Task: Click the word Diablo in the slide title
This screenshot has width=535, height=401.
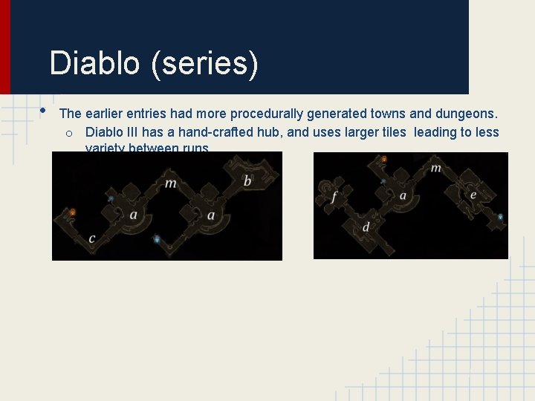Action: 94,63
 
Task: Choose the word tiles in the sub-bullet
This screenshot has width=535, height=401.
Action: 392,132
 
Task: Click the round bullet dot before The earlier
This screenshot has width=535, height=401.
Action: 43,111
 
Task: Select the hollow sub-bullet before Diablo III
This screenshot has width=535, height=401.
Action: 68,133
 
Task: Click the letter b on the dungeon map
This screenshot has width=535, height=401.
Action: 247,180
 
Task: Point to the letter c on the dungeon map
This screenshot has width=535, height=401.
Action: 91,238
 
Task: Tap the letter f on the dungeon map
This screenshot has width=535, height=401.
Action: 334,198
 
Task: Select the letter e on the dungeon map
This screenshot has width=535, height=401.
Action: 473,195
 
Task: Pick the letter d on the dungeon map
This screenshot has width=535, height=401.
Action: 366,227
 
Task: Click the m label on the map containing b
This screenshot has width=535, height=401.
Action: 171,183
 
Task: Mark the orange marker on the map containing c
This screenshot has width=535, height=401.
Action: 73,212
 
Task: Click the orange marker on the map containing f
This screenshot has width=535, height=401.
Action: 384,159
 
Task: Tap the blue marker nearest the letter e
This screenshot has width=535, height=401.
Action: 500,217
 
